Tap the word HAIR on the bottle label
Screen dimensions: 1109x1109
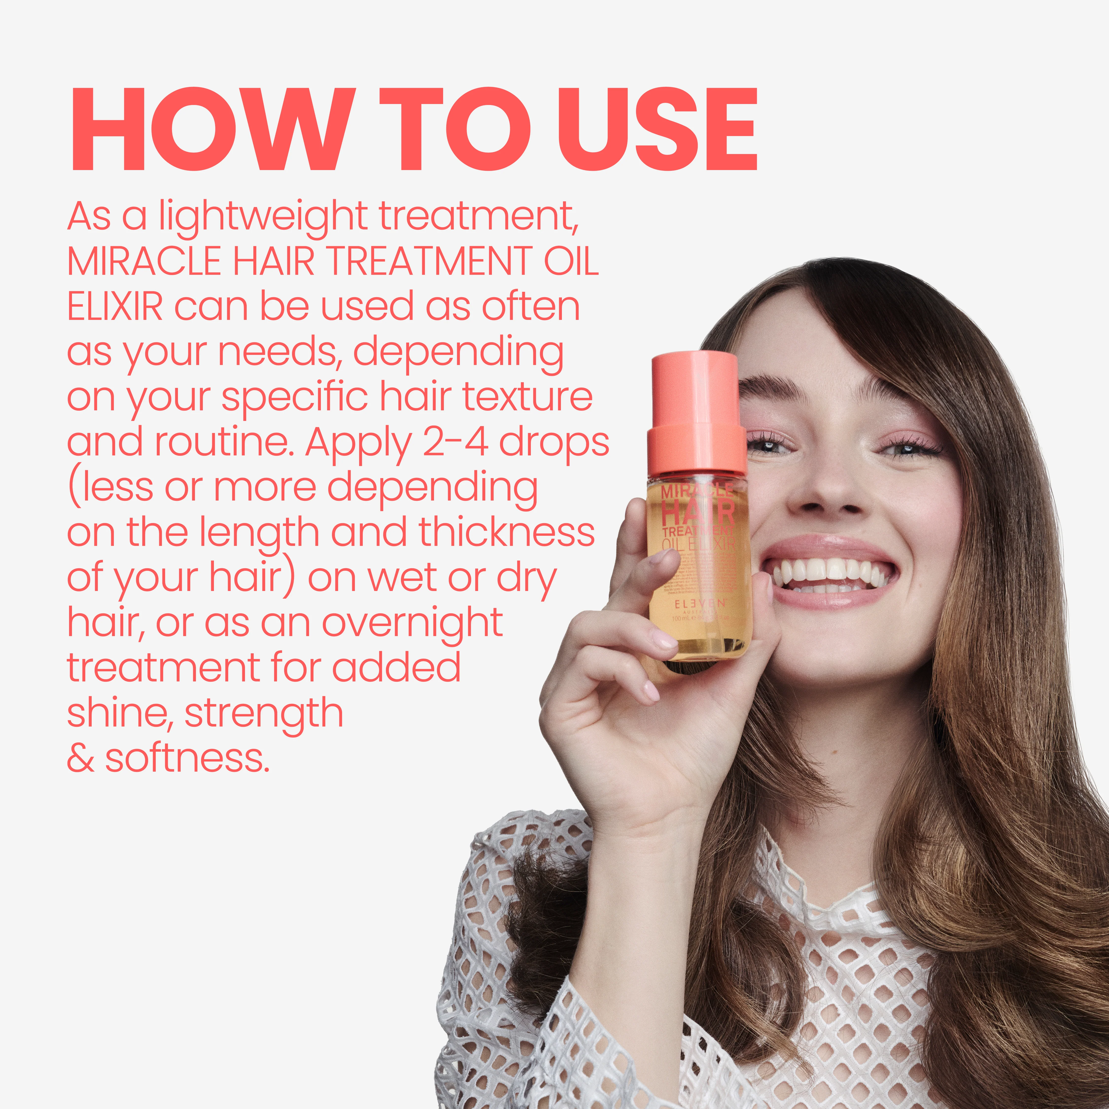pos(697,511)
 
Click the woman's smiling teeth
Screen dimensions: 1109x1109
pos(827,571)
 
